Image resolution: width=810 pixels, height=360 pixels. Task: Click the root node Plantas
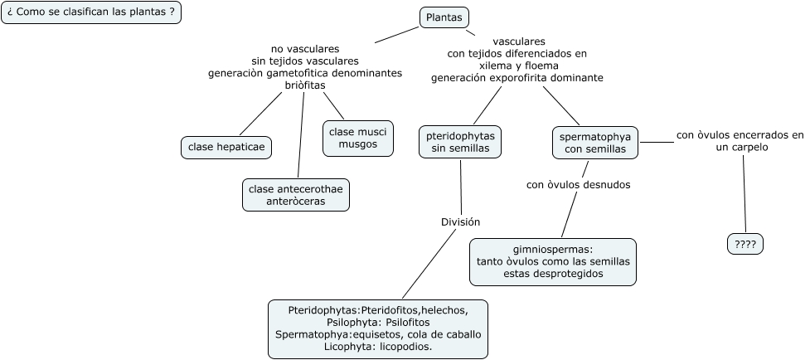coord(444,17)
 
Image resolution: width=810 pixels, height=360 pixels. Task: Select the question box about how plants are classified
coord(91,12)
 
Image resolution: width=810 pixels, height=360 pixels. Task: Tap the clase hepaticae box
coord(226,148)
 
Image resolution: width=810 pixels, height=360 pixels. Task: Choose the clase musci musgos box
coord(357,138)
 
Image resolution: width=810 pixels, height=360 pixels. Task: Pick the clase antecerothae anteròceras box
coord(296,195)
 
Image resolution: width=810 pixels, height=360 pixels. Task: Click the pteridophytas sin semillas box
coord(459,142)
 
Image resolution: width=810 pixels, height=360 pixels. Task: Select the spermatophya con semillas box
coord(595,142)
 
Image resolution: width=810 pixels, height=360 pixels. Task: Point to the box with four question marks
coord(745,244)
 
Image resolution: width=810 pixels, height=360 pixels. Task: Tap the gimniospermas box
coord(553,261)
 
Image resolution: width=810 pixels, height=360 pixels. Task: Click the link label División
coord(460,222)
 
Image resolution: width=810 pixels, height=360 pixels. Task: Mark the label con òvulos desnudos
coord(578,185)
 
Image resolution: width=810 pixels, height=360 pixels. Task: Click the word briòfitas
coord(305,85)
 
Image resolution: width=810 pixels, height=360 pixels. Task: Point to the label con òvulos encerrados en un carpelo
coord(740,141)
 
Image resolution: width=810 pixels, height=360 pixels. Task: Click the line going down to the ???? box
coord(745,195)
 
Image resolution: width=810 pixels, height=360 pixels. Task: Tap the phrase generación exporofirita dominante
coord(517,78)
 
